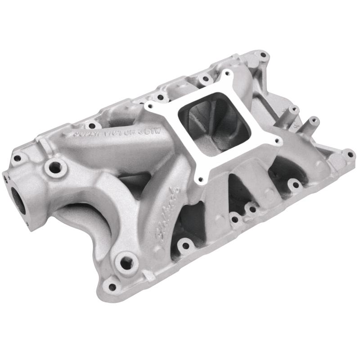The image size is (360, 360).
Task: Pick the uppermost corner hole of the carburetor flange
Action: (x=226, y=72)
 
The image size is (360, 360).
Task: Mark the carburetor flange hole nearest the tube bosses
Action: (x=278, y=142)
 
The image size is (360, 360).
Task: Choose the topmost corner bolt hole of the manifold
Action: (x=263, y=55)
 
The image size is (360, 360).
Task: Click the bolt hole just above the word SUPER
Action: (x=92, y=126)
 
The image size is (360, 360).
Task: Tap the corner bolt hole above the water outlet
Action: (x=18, y=158)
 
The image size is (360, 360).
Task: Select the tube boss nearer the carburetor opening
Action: (x=294, y=109)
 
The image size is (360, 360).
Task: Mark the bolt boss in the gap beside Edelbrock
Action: (x=184, y=246)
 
